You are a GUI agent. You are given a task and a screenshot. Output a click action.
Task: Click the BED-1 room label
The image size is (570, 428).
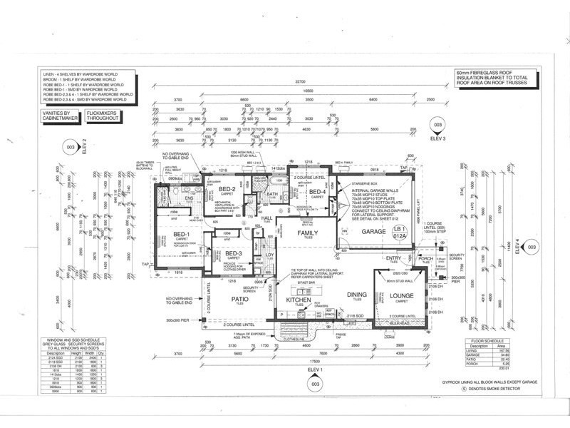[x=180, y=235]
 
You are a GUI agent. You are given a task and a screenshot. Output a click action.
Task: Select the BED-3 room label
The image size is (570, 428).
[x=234, y=253]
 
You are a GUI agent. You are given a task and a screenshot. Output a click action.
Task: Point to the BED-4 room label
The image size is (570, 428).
[x=317, y=191]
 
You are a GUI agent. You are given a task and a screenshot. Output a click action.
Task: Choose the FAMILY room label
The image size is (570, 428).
[x=309, y=233]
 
